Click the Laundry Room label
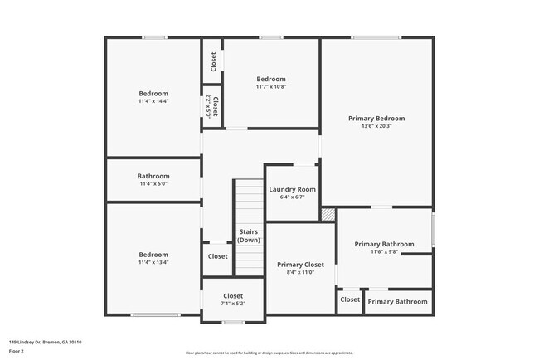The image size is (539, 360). coord(293,189)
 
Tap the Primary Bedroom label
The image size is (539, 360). coord(376,119)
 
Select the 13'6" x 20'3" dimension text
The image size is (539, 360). coord(376,127)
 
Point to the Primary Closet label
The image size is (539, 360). coord(300,264)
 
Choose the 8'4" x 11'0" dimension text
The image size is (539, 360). coord(300,272)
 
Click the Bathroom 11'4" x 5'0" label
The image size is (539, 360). coord(153,176)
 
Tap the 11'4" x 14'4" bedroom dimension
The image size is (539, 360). coord(153,101)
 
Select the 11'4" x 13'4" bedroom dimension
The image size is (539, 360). coord(153,263)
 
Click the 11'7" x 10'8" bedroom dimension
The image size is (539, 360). coord(271,86)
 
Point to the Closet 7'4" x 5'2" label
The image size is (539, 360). coord(233,295)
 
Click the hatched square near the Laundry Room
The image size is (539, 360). coord(329,215)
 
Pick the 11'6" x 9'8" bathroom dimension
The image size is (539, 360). coord(384,252)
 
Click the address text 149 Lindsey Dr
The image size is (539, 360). coord(46,342)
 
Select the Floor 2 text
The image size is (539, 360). coord(17,351)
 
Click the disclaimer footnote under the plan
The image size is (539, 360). coord(269,352)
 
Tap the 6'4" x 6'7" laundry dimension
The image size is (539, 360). coord(293,197)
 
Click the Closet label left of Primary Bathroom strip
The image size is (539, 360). coord(350,299)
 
